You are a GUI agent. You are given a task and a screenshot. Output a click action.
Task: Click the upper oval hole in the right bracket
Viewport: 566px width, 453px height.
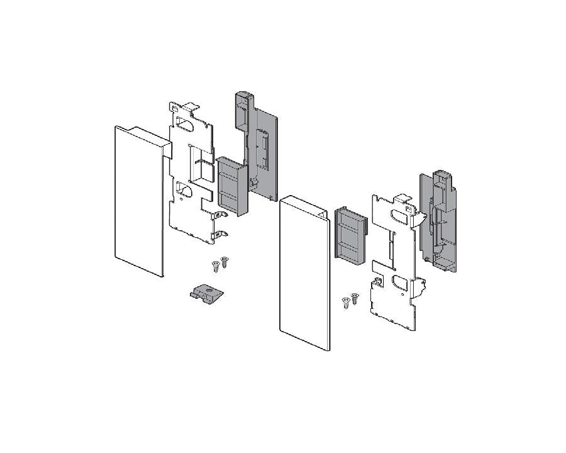click(x=401, y=216)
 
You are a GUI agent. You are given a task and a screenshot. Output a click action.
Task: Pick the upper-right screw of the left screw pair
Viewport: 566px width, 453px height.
click(x=224, y=260)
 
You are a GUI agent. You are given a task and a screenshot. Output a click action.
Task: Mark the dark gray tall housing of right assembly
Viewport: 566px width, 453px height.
click(x=440, y=217)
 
